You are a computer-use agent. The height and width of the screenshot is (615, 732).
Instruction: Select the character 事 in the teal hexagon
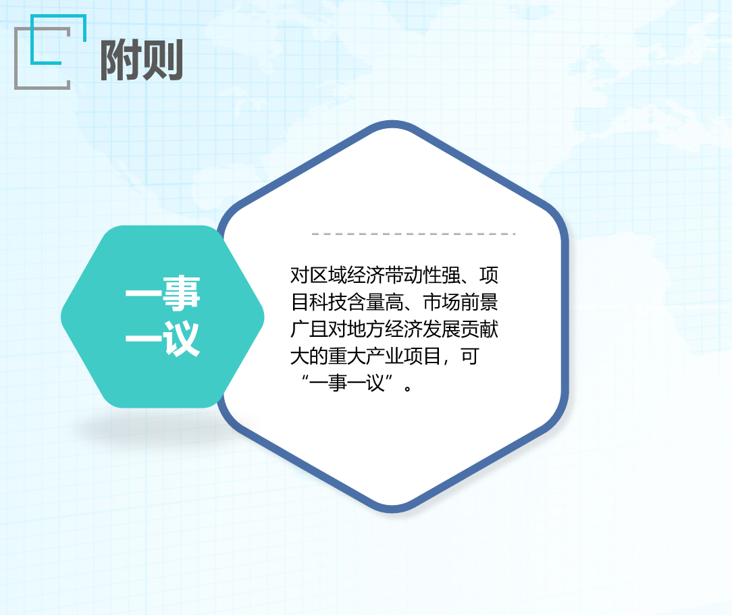point(182,293)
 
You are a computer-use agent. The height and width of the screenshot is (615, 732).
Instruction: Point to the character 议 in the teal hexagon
point(182,338)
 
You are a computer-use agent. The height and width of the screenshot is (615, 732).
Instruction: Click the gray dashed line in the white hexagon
point(414,234)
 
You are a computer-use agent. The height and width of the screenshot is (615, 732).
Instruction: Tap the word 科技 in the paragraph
point(328,302)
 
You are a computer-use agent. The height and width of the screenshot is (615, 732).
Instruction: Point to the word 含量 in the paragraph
point(366,302)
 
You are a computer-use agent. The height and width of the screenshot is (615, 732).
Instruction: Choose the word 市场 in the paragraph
point(442,302)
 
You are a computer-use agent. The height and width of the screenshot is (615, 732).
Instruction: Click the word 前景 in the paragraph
point(479,302)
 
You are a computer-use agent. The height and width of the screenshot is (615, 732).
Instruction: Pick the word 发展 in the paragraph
point(442,329)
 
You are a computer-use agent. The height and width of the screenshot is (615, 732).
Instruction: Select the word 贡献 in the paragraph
point(479,329)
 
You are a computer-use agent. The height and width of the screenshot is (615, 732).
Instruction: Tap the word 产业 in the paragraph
point(385,356)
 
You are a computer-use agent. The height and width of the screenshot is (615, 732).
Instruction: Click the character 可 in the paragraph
point(470,356)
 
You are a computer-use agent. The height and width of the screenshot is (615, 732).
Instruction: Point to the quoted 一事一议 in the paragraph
point(347,383)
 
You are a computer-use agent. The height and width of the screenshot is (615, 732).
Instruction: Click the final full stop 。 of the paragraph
point(408,388)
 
